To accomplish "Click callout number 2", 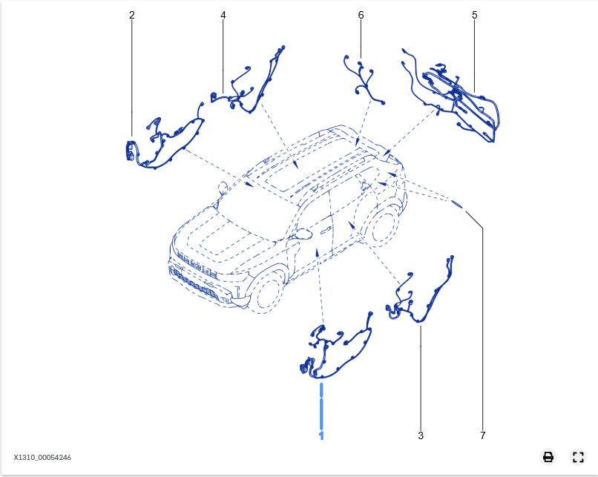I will (x=132, y=15).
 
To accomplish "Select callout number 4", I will (x=223, y=15).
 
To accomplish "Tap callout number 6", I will (x=361, y=15).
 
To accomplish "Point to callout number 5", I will (x=474, y=15).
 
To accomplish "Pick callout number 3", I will (x=421, y=435).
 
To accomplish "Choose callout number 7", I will (x=482, y=435).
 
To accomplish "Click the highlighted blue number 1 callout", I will (x=321, y=433).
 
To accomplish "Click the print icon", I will (x=548, y=457).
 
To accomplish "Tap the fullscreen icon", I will (x=578, y=457).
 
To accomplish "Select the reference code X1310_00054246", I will (x=42, y=458).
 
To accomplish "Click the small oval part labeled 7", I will (x=457, y=204).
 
